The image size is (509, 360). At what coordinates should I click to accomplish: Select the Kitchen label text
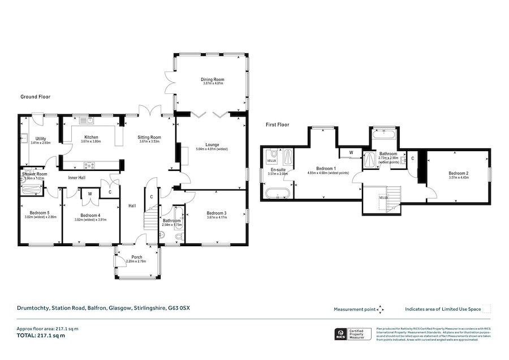tap(91, 138)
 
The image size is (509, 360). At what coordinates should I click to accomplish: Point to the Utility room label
tap(40, 139)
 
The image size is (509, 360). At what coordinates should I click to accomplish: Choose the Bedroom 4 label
tap(90, 216)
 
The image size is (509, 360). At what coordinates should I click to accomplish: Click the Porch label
tap(137, 258)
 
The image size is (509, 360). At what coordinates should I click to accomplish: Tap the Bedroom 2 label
tap(459, 173)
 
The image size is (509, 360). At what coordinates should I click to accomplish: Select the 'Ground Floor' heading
tap(36, 97)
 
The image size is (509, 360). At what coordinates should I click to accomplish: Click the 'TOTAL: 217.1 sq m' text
tap(41, 336)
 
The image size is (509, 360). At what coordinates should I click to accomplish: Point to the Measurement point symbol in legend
tap(381, 309)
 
